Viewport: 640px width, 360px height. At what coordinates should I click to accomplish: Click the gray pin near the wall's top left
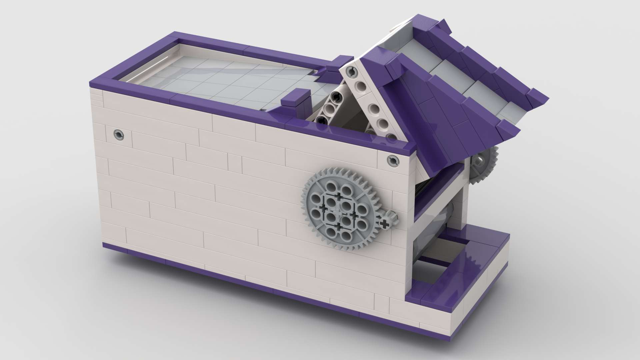coord(118,135)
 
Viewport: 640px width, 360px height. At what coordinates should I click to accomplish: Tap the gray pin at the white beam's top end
coord(350,71)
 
